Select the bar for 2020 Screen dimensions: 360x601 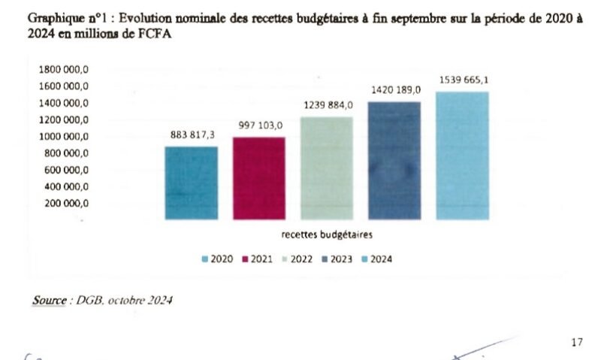[192, 183]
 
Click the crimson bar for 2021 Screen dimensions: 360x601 [259, 178]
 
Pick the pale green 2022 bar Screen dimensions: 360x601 [327, 168]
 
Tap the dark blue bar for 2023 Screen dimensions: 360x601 [394, 160]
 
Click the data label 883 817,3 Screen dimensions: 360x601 [192, 135]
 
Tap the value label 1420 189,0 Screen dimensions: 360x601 [396, 90]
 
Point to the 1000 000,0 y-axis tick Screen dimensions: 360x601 [64, 137]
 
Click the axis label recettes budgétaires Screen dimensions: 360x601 [327, 234]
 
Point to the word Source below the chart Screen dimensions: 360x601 [50, 300]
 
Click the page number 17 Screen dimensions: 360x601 [576, 343]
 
